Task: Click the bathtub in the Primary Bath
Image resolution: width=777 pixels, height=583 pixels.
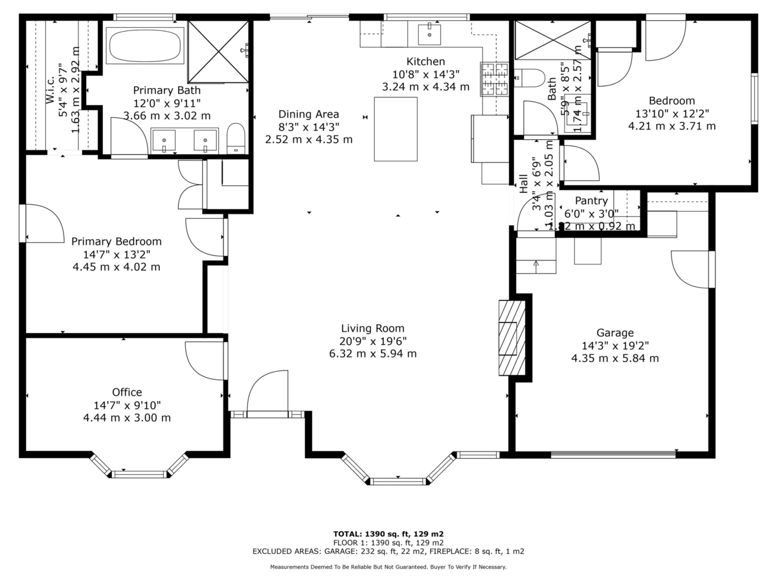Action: (146, 45)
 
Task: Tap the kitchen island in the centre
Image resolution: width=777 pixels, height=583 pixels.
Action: (396, 129)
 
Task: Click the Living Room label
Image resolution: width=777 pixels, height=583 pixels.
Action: (373, 328)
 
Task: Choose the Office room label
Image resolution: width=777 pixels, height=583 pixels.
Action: (127, 393)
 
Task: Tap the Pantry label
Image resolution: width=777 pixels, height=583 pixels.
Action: (592, 201)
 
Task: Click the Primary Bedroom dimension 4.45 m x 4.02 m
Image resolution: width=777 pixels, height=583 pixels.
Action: (117, 267)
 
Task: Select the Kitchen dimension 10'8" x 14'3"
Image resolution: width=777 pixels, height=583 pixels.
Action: (426, 74)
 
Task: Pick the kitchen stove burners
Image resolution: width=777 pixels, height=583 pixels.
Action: (496, 79)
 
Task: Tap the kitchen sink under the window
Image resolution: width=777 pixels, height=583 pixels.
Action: (429, 34)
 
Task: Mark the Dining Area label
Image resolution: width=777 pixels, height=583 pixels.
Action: (309, 114)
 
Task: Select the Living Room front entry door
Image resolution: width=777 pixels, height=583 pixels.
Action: (267, 391)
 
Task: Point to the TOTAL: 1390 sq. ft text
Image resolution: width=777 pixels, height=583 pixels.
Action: (388, 534)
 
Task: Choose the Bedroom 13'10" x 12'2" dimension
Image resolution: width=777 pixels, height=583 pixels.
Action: (672, 113)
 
